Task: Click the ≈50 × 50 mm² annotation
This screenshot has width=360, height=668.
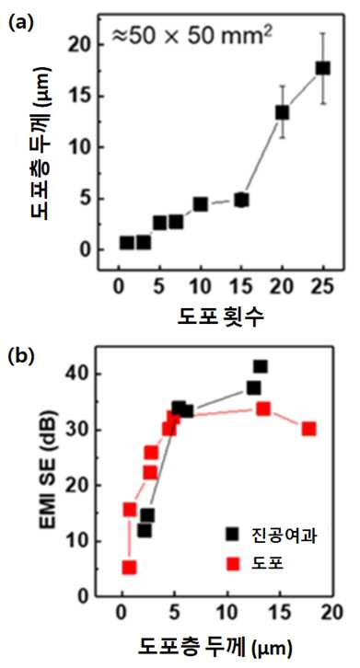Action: pos(192,36)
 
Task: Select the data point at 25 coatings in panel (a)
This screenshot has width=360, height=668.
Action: pos(323,68)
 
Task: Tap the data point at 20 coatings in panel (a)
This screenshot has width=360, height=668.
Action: pos(282,112)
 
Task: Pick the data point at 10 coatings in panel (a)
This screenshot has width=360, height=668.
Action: pos(200,204)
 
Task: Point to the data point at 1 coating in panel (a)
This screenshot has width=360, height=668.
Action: pos(127,243)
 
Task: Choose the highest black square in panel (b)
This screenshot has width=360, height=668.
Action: pos(261,366)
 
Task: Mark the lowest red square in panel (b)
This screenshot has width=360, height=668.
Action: pos(129,568)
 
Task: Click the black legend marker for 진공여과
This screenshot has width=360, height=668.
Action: pos(233,535)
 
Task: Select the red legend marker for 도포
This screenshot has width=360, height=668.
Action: pos(233,564)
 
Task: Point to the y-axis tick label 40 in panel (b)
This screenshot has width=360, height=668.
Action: pos(77,374)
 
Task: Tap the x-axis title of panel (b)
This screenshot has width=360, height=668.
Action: pos(215,648)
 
